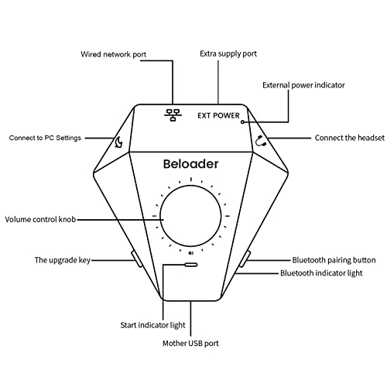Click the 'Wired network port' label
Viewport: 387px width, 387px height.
click(113, 54)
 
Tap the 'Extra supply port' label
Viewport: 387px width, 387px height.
click(228, 53)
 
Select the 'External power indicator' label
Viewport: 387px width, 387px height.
click(303, 85)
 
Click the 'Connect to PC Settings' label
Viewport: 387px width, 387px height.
click(45, 138)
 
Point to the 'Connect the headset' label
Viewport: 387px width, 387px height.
click(350, 138)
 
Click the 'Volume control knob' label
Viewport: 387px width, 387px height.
click(40, 219)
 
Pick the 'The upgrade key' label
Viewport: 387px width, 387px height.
click(63, 260)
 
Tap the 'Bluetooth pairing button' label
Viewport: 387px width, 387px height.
click(334, 260)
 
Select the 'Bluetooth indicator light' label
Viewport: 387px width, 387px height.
click(321, 273)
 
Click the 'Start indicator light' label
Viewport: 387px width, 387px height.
click(152, 325)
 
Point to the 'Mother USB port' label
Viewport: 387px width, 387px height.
click(190, 344)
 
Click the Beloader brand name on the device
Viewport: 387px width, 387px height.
click(190, 164)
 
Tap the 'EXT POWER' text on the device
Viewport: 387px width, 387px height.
click(218, 115)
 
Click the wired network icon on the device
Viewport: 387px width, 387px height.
click(173, 115)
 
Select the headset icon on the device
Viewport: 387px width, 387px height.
click(261, 142)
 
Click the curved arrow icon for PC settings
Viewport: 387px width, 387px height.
click(119, 142)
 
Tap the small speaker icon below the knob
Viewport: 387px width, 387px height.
click(191, 253)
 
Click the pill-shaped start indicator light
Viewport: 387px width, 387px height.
click(191, 265)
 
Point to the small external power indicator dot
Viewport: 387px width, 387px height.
click(242, 122)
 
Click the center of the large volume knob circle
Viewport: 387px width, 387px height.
click(190, 216)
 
